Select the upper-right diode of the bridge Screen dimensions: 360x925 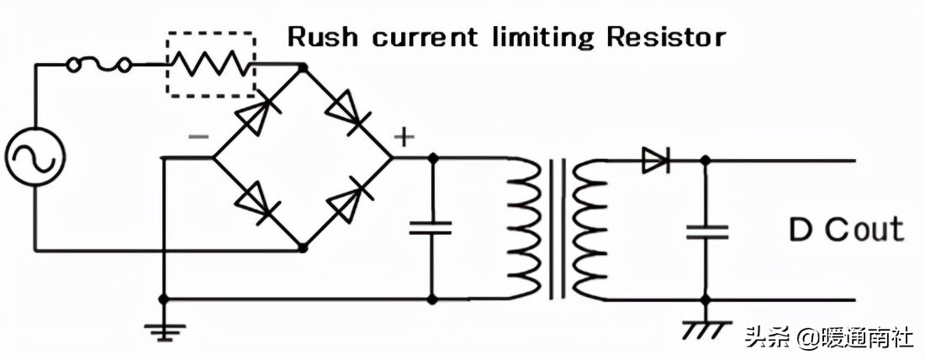click(346, 112)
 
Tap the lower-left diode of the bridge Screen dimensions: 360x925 click(257, 202)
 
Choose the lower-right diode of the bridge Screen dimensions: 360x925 click(348, 202)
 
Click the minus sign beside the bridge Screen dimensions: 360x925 click(199, 139)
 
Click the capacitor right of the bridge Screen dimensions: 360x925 click(431, 228)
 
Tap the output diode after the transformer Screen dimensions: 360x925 click(655, 159)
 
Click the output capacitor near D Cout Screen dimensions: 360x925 click(706, 230)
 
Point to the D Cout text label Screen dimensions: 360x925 click(845, 230)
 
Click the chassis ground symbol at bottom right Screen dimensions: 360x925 click(706, 327)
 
